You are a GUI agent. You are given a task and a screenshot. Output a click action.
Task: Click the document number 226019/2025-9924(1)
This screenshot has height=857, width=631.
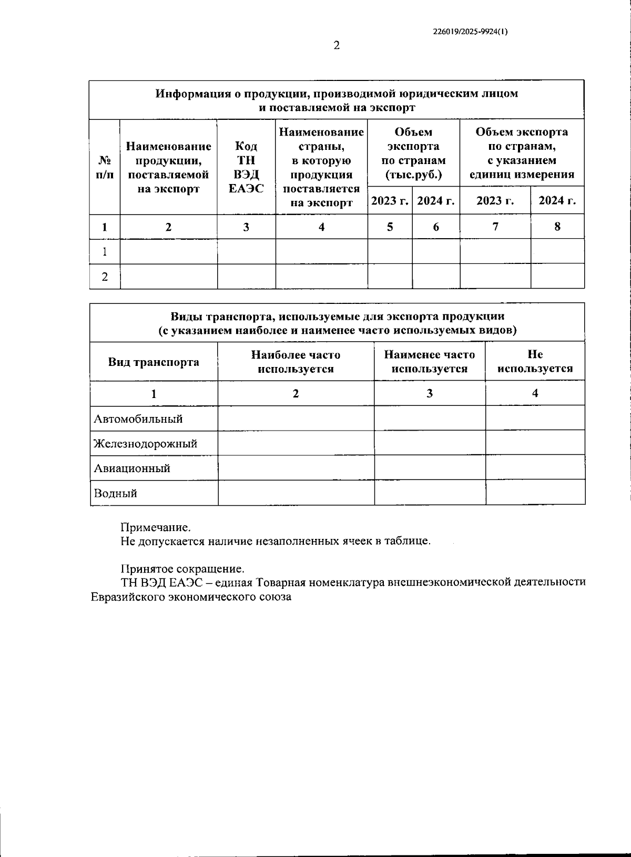470,32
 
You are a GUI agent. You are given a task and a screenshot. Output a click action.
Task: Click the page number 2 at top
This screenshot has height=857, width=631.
337,46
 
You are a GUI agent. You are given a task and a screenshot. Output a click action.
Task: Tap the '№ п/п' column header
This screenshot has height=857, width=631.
105,167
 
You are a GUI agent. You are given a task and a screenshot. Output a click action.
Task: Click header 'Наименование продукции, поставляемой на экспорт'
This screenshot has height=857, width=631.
168,167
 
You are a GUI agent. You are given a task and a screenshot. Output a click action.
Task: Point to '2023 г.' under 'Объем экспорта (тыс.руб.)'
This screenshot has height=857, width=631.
390,200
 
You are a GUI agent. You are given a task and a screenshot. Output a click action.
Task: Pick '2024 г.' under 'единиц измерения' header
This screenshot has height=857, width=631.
557,200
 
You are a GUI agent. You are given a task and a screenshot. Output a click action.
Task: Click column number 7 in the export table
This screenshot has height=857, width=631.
495,227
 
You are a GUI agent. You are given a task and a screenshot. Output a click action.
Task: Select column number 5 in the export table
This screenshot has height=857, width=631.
390,227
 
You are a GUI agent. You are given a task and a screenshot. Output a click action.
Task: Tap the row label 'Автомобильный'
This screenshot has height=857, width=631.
138,419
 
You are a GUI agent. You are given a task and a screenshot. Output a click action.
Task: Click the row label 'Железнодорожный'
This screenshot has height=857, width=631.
145,443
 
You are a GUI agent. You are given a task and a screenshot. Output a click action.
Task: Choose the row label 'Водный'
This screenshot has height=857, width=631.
115,493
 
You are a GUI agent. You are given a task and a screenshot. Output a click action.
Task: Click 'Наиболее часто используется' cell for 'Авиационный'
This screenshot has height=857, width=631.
296,467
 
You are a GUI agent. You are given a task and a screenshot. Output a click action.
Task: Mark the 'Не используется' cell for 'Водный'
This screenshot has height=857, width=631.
535,493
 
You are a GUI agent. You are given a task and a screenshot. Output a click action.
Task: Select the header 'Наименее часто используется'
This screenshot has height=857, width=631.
429,362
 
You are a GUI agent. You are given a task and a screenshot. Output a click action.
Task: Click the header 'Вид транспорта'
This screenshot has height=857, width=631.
154,362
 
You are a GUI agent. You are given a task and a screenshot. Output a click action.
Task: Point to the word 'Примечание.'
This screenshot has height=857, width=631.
156,527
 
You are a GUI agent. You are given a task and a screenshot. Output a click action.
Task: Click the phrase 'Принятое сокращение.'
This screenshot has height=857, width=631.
182,569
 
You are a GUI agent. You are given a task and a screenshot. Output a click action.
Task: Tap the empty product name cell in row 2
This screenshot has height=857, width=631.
168,277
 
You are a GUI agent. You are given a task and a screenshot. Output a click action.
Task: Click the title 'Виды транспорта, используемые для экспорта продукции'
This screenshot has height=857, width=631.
338,317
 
